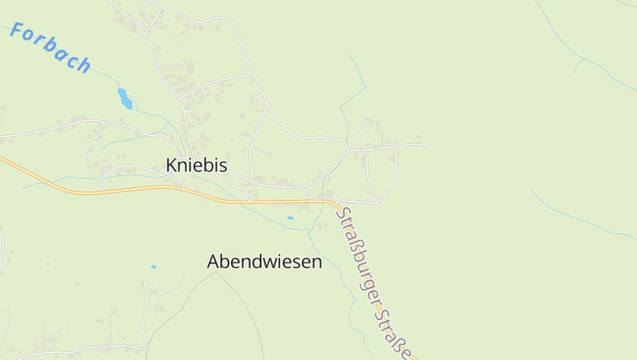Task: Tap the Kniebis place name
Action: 197,166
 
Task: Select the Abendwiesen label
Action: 264,261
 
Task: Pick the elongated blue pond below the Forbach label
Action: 125,98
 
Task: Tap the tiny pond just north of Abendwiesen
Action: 290,217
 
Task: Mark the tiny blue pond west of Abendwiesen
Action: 153,267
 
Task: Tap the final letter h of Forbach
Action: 84,65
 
